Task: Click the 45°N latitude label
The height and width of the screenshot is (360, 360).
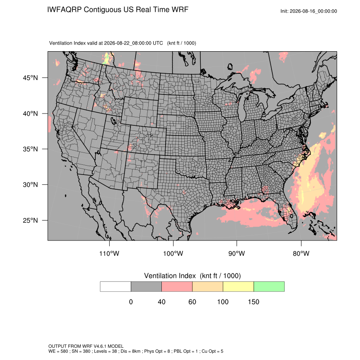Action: (x=30, y=78)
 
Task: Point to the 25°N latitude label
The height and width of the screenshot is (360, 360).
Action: (x=30, y=220)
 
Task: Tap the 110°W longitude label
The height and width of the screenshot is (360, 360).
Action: (x=109, y=253)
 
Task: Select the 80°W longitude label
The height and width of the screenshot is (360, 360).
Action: (x=301, y=253)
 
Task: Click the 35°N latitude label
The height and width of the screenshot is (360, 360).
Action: (x=30, y=149)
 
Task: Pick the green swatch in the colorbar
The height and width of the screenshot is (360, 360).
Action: (x=269, y=287)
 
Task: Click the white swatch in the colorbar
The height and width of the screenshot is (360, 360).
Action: (x=116, y=287)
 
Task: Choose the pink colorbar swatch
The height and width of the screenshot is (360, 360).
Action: (x=177, y=287)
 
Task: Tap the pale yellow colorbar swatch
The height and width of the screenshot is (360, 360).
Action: (x=238, y=287)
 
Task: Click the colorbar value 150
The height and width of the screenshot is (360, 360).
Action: (x=253, y=302)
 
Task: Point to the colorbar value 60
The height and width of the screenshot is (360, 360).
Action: (x=192, y=302)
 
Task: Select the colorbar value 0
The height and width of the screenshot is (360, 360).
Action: (x=131, y=302)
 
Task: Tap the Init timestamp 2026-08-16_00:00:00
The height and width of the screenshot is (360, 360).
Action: (x=313, y=11)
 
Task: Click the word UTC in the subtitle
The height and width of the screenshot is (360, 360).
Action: (x=158, y=43)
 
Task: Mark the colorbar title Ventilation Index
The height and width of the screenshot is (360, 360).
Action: (x=170, y=276)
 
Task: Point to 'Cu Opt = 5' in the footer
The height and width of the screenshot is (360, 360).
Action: (x=212, y=351)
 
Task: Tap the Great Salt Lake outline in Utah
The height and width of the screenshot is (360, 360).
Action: (x=114, y=121)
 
